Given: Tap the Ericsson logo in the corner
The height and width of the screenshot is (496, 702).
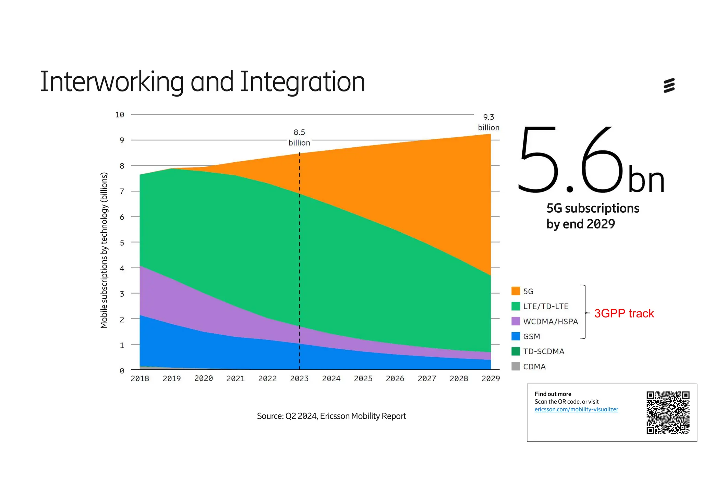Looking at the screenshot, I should [669, 85].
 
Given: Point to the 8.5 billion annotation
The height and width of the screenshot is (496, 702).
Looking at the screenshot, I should [299, 137].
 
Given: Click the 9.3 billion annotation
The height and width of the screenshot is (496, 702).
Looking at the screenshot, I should [488, 122].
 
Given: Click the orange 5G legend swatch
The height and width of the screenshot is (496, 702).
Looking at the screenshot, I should [516, 291].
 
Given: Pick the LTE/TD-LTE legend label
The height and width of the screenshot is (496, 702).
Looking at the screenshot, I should [546, 306].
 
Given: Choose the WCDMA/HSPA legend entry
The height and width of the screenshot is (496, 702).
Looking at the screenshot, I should [550, 321].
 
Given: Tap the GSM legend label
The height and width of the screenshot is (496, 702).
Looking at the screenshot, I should [531, 336].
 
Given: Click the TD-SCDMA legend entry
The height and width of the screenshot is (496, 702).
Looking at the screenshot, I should [543, 351].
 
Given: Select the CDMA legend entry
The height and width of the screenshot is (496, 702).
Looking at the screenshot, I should [534, 367].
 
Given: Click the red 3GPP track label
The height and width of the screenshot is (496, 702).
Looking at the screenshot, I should [624, 313].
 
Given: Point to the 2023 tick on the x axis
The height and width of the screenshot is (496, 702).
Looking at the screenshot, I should [299, 379].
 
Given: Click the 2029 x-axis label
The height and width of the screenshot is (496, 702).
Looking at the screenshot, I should [491, 379].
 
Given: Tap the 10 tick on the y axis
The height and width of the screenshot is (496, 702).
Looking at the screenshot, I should [120, 115].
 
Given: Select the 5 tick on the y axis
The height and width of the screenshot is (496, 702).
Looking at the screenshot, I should [122, 243].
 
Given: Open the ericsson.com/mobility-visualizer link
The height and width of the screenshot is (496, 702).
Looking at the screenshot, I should [576, 410].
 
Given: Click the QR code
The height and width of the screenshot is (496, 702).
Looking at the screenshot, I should [668, 413].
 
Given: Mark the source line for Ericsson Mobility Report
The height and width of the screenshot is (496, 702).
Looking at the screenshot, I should [331, 416].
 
